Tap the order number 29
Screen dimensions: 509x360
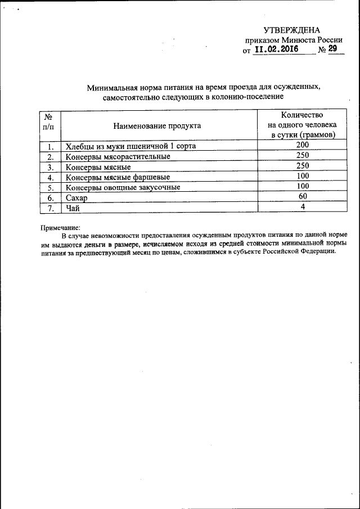tap(333, 49)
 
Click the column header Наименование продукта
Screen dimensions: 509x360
tap(157, 126)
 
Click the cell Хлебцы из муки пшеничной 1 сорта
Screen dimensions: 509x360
tap(130, 146)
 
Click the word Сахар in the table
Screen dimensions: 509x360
tap(78, 198)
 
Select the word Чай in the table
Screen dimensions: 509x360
tap(73, 208)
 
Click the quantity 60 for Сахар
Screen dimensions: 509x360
tap(303, 197)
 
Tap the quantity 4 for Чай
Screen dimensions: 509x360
tap(303, 207)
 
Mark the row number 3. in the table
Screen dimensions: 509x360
tap(49, 167)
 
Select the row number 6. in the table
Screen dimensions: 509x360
tap(49, 198)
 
